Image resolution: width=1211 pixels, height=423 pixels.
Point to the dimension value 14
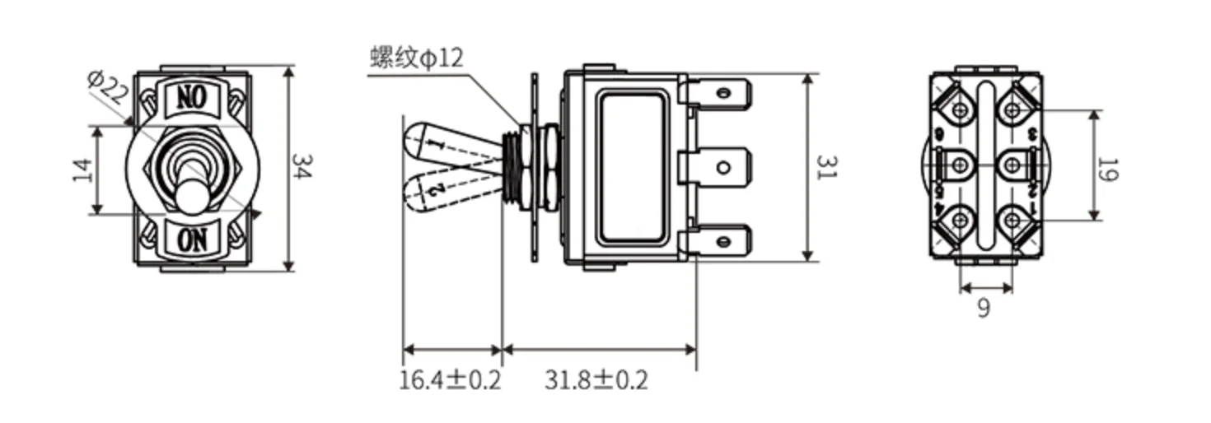tap(82, 170)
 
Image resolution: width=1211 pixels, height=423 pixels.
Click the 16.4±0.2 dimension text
tap(450, 380)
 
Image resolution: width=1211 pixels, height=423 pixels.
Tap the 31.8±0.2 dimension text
tap(596, 380)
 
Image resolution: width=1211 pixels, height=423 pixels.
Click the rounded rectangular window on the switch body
tap(632, 168)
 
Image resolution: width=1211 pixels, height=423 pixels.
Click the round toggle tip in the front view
tap(191, 197)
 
